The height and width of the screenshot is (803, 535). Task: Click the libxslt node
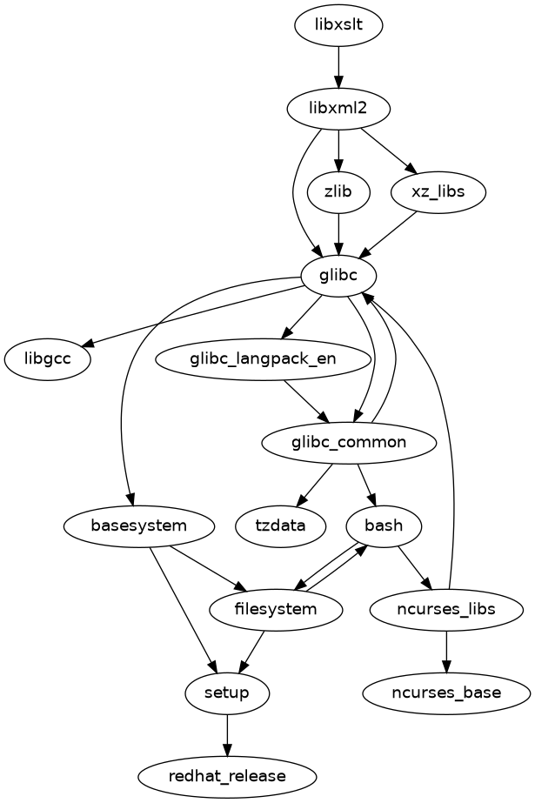point(338,26)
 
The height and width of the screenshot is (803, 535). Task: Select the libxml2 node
point(338,110)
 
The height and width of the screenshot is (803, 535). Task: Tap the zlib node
point(338,192)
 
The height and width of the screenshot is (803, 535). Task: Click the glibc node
point(338,276)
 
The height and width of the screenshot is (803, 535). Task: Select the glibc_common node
point(348,442)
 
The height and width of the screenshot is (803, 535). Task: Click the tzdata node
point(281,525)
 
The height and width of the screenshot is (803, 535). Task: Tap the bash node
point(384,525)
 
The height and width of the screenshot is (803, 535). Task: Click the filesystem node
point(276,609)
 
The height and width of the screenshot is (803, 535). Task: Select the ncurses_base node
point(446,693)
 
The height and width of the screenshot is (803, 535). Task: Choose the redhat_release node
point(227,775)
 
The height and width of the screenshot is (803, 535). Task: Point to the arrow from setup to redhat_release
point(227,733)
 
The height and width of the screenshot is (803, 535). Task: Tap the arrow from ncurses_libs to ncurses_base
point(446,651)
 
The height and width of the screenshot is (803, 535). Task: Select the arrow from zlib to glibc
point(338,234)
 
